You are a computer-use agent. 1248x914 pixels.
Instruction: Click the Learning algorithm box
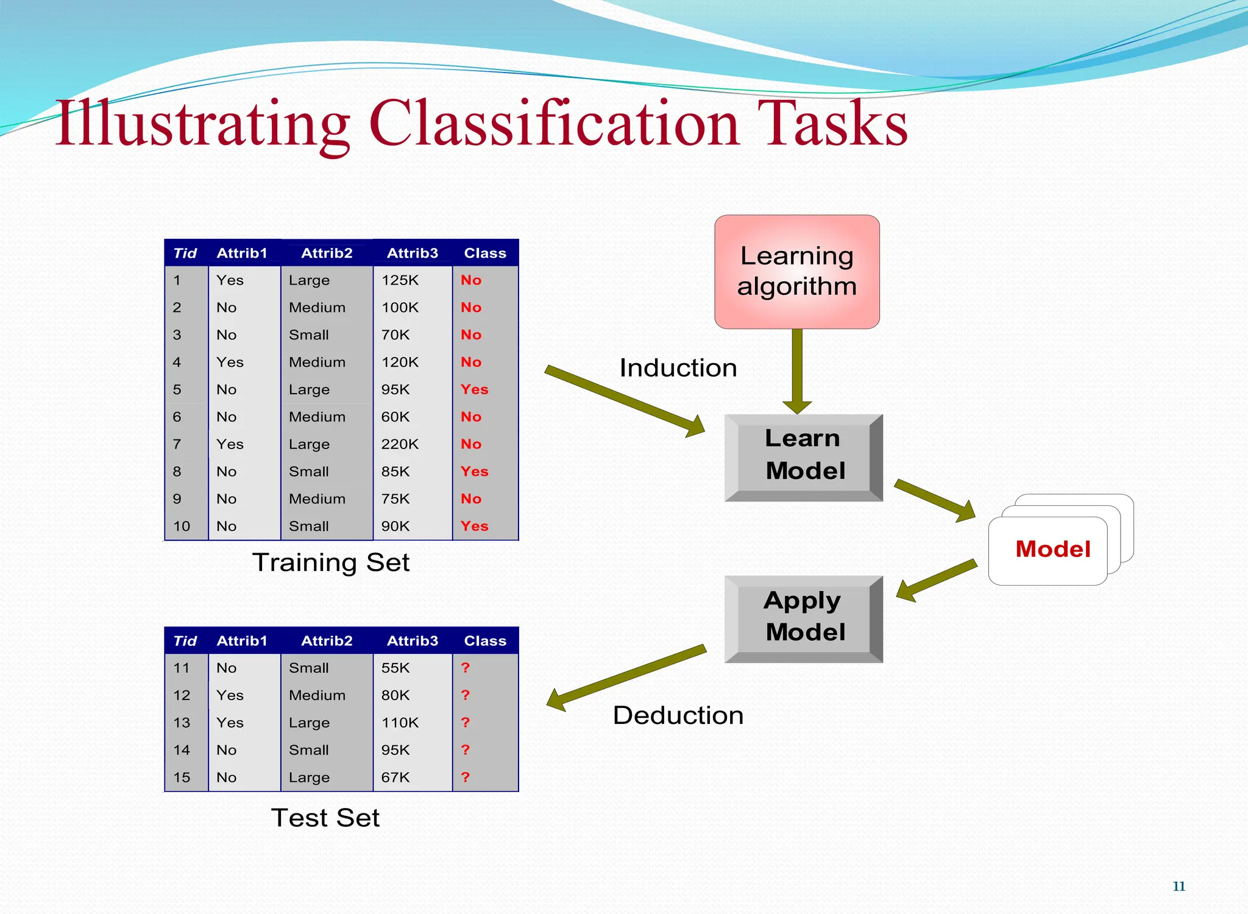click(796, 272)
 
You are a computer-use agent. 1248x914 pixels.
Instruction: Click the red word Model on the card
click(1052, 549)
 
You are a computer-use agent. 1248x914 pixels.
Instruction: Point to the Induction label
click(678, 368)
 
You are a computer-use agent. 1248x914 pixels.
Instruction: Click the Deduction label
click(678, 715)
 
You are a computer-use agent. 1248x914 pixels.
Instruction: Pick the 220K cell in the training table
click(400, 444)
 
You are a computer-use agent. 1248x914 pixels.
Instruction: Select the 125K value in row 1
click(400, 280)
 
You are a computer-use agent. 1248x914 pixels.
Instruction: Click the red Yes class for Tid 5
click(474, 389)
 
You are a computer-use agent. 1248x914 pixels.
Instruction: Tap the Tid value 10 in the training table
click(182, 526)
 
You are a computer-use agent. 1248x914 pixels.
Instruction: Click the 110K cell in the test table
click(400, 723)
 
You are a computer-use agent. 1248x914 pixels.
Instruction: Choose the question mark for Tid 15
click(466, 778)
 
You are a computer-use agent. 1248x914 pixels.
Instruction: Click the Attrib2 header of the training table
click(327, 253)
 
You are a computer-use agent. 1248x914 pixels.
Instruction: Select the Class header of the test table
click(485, 641)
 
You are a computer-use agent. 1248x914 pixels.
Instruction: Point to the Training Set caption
click(331, 562)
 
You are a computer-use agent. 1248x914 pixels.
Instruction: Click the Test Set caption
click(325, 818)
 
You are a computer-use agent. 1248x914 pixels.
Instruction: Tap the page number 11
click(1179, 887)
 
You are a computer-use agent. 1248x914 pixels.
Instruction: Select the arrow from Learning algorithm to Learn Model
click(797, 372)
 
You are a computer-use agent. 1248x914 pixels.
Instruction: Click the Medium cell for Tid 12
click(317, 695)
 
